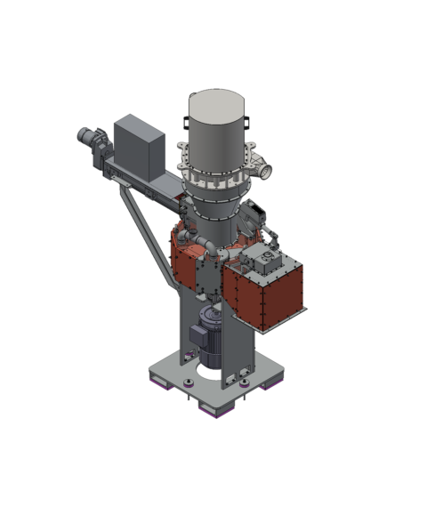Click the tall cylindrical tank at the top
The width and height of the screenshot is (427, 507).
(x=218, y=133)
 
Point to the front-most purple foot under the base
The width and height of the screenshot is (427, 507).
(x=216, y=411)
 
